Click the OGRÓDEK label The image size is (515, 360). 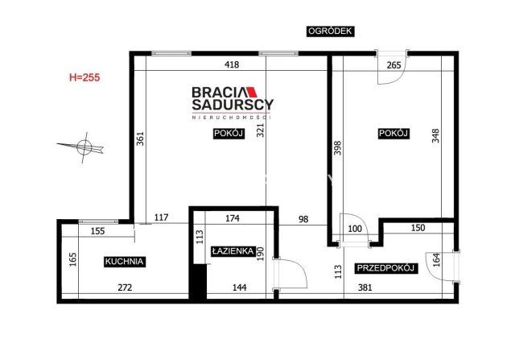point(331,31)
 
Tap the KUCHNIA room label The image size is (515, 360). point(125,262)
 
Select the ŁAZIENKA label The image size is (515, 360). point(233,251)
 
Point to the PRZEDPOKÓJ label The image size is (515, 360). point(385,268)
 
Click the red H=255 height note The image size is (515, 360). point(84,77)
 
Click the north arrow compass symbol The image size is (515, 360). point(82,147)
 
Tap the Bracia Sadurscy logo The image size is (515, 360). point(233,102)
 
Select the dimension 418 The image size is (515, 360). point(232,64)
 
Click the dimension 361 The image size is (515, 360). point(140,139)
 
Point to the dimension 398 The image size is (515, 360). point(338,148)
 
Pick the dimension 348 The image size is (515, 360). point(435,136)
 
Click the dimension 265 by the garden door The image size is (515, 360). point(393,65)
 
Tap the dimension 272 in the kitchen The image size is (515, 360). point(126,288)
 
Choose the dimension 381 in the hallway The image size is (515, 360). point(365,288)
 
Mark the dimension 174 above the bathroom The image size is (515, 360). point(233,218)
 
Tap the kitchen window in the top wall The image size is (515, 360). point(98,221)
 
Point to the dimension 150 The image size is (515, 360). point(418,228)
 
